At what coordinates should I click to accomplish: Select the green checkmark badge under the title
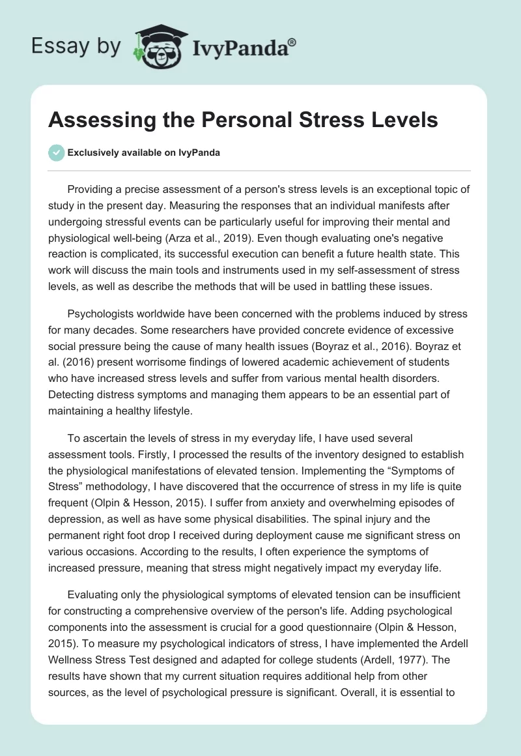(57, 153)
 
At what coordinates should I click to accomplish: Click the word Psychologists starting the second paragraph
(102, 313)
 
